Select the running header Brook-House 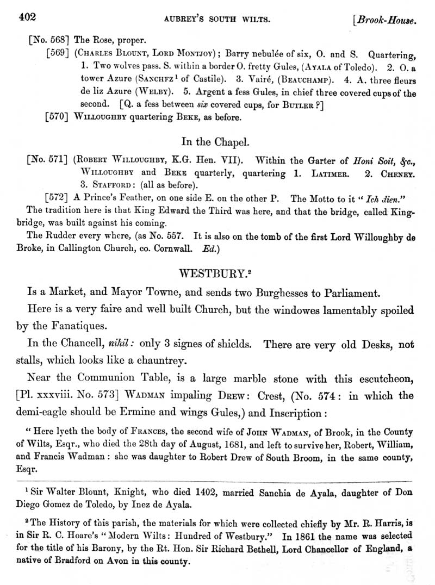[x=387, y=21]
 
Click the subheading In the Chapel [x=216, y=141]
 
